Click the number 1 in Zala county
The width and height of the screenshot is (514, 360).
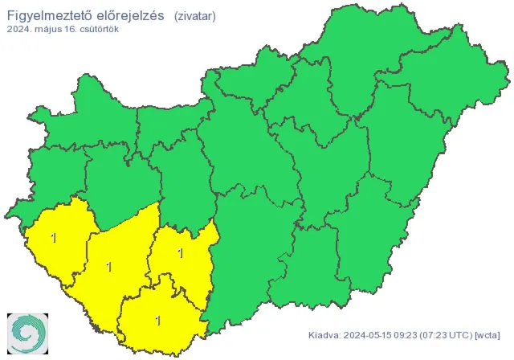(53, 238)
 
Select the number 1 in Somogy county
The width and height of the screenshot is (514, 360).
(108, 266)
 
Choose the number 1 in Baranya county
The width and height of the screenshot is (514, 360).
(158, 321)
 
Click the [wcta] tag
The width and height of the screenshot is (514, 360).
(489, 335)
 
